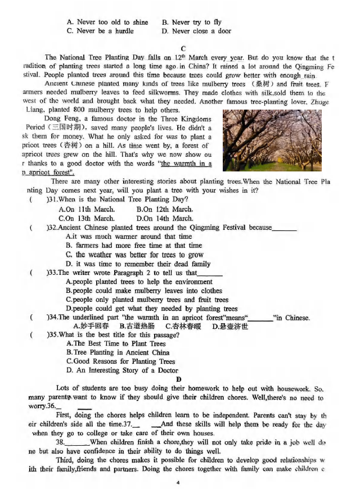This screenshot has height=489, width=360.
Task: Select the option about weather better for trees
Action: pos(134,255)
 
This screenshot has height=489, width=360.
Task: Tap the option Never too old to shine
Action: pos(107,22)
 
